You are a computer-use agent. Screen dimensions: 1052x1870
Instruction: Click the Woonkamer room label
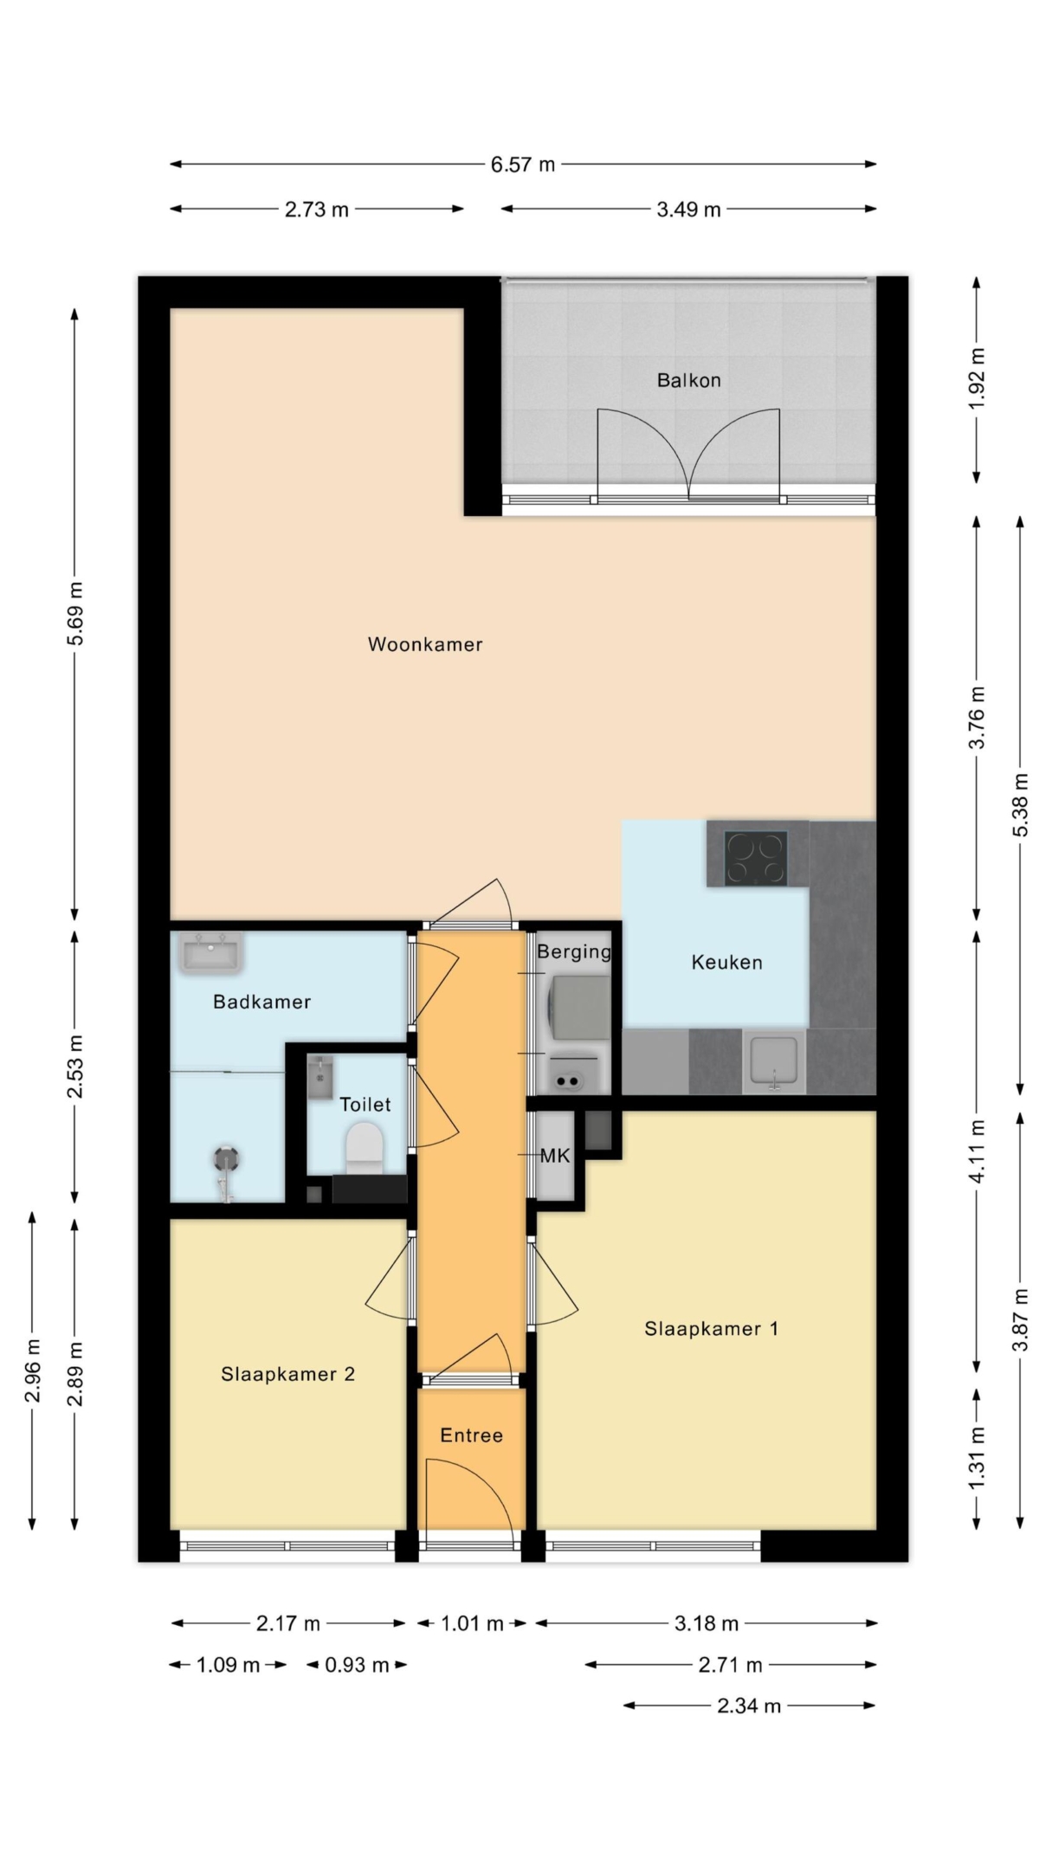click(x=425, y=644)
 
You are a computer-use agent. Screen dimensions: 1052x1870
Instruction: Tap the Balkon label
click(x=688, y=380)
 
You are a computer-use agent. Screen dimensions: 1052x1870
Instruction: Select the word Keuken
click(x=726, y=962)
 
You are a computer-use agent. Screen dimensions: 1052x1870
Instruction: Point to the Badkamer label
click(x=261, y=1002)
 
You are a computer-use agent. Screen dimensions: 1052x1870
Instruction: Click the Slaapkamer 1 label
click(x=711, y=1329)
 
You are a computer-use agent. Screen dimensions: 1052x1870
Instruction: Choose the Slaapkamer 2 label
click(x=287, y=1374)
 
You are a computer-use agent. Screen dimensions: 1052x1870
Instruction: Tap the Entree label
click(x=471, y=1435)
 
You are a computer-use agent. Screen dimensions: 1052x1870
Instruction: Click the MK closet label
click(x=555, y=1156)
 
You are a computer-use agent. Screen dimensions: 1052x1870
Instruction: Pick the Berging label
click(x=573, y=952)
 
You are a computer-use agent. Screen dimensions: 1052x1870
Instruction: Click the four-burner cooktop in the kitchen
click(x=756, y=857)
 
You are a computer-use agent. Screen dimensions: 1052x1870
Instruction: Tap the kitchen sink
click(x=774, y=1061)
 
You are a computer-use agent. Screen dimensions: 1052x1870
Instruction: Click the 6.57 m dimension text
click(x=522, y=164)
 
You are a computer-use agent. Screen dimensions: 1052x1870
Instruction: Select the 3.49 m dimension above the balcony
click(x=688, y=209)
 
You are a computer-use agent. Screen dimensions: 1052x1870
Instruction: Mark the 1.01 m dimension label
click(x=472, y=1623)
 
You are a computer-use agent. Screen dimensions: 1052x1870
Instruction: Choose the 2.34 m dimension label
click(x=749, y=1706)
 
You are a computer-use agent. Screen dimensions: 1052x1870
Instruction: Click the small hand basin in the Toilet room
click(x=320, y=1076)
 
